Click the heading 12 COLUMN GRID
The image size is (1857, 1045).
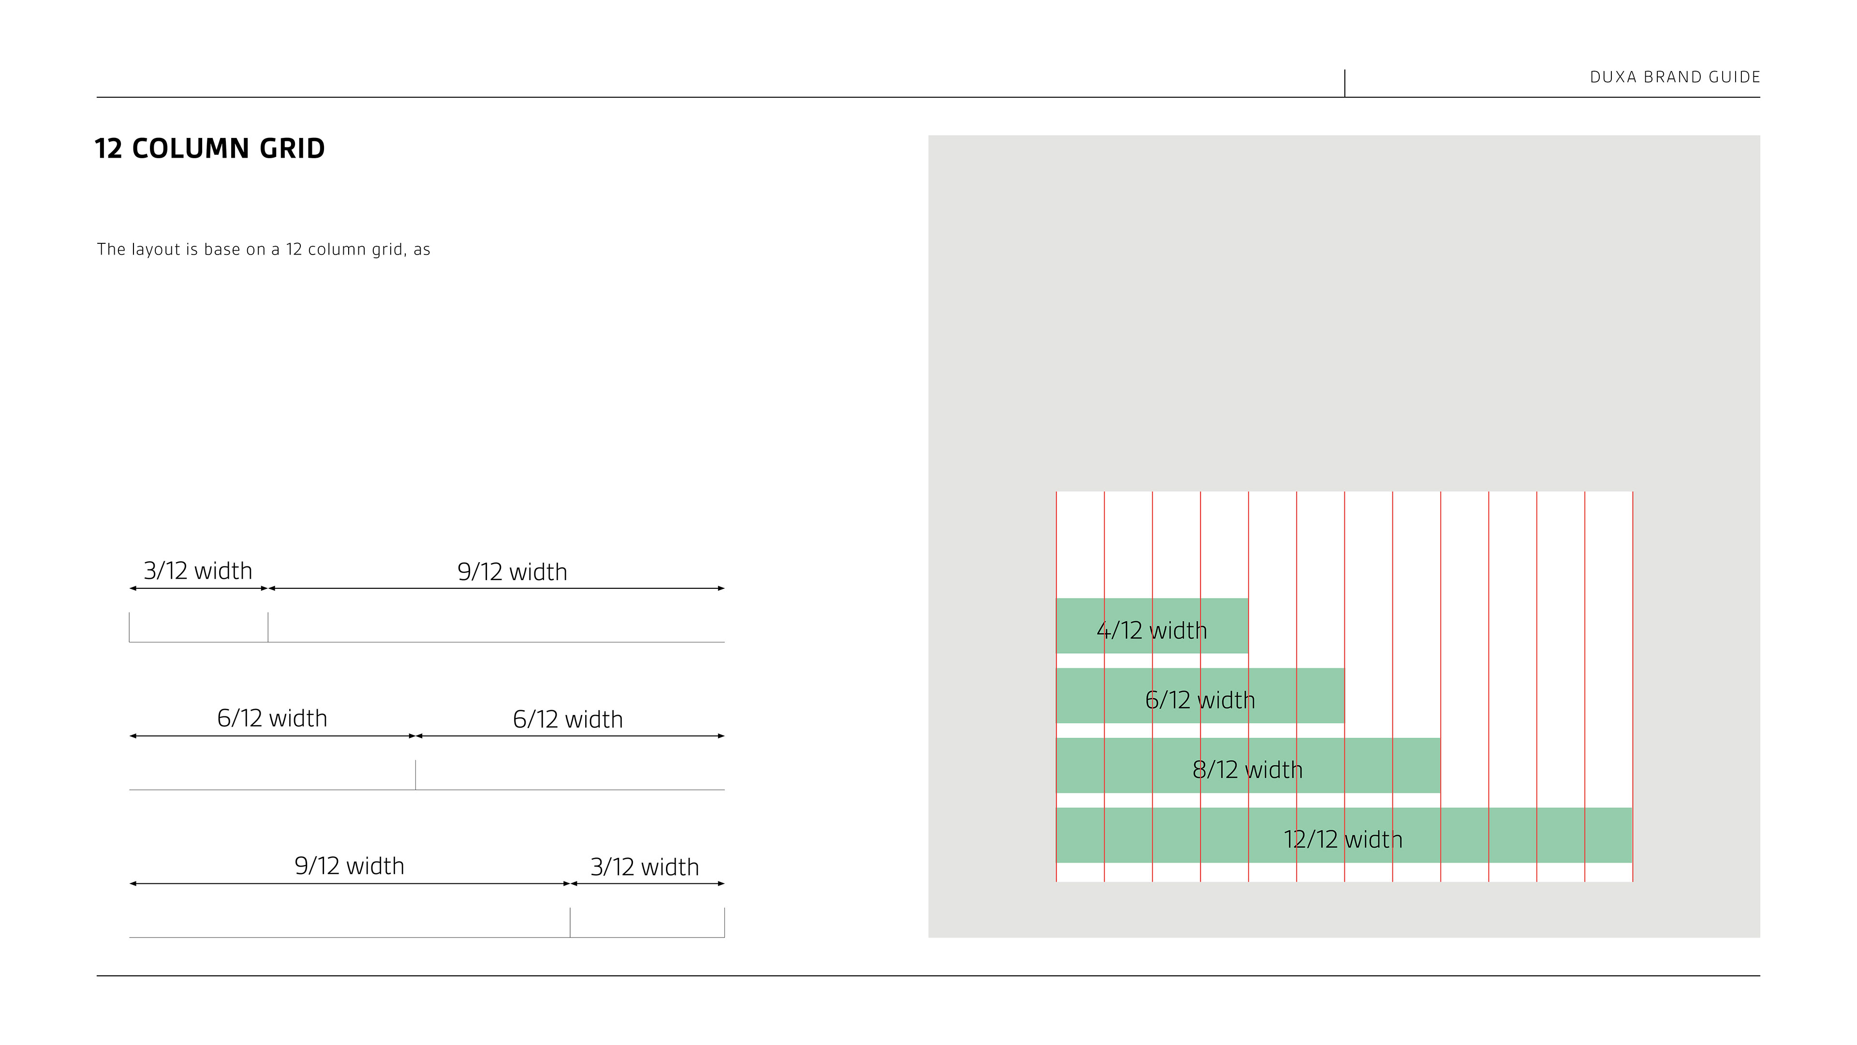[210, 149]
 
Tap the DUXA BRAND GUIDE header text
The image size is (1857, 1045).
[1675, 77]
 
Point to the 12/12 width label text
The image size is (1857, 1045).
[1342, 839]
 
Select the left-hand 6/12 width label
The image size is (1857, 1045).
[272, 718]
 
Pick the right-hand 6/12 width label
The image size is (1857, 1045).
[567, 720]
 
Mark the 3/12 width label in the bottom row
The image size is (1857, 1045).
[645, 867]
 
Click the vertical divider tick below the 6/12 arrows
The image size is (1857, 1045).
[415, 775]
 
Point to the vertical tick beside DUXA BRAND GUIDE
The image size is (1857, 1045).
[1344, 83]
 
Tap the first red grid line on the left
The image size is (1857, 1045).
[1056, 548]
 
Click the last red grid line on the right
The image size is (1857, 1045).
[1632, 548]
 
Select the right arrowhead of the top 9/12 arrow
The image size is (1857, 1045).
[721, 588]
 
